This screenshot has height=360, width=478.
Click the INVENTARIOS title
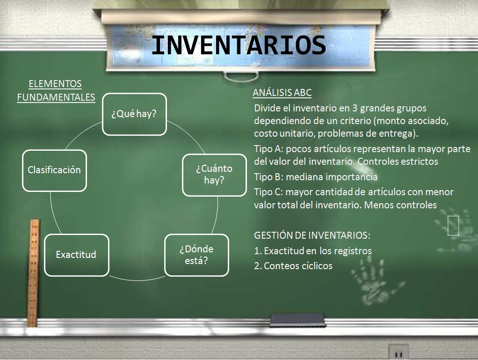239,46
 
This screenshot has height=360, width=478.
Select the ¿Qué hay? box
134,114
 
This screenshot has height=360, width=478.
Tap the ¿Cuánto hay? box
214,174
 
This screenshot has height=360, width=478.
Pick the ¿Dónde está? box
196,254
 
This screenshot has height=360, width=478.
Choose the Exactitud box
76,255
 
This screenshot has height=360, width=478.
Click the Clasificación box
54,170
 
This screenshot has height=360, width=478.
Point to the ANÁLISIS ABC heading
282,93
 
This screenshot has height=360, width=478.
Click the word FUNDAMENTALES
56,97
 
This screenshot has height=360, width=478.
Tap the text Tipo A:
268,149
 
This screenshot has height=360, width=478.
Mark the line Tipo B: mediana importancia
316,177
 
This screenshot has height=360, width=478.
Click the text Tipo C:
268,192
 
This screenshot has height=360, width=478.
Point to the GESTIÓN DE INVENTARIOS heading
312,235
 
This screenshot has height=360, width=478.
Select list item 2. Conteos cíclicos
293,266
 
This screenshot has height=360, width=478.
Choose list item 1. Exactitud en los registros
313,251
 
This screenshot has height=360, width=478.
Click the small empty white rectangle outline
453,225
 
